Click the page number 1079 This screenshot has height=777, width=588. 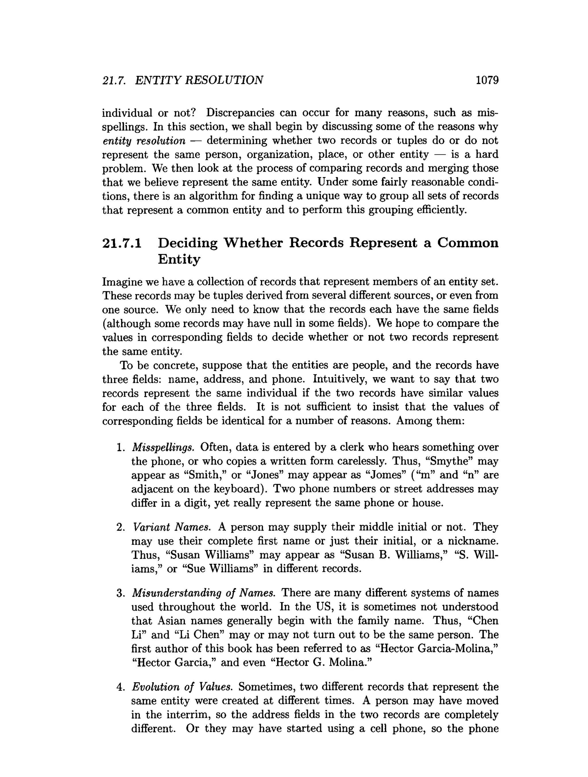pyautogui.click(x=487, y=80)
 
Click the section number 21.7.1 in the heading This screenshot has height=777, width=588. pyautogui.click(x=122, y=243)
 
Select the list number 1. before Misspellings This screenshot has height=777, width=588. pyautogui.click(x=121, y=447)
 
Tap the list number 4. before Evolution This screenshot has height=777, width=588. pyautogui.click(x=121, y=687)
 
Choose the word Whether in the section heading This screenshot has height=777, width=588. pyautogui.click(x=253, y=243)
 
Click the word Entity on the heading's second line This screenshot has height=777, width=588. pyautogui.click(x=179, y=259)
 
